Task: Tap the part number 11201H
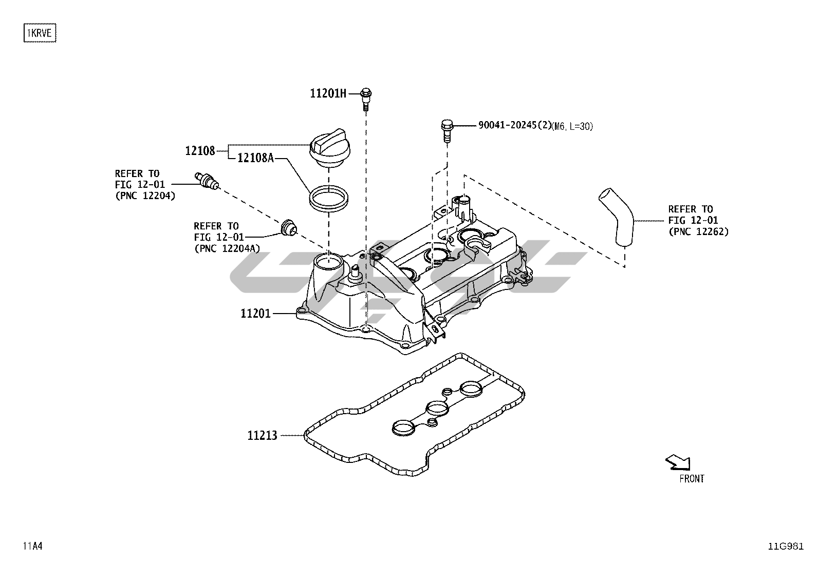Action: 328,93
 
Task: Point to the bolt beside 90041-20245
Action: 447,129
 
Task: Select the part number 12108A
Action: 255,158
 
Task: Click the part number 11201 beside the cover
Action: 255,313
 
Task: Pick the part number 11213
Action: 262,436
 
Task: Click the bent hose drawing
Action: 617,217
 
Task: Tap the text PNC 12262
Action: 698,231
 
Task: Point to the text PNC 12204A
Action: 227,248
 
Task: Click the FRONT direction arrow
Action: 678,462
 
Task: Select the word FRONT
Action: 692,479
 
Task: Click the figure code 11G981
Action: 786,546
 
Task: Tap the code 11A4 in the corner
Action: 32,546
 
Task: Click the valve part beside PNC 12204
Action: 207,181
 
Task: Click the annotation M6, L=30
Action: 572,126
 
